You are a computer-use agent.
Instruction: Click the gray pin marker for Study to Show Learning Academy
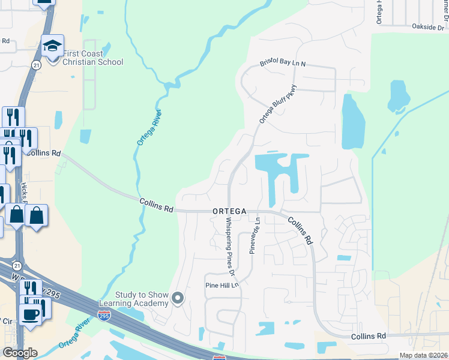(x=178, y=298)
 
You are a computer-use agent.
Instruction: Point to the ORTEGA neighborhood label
(x=229, y=211)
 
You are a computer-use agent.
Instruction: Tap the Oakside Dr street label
(x=428, y=27)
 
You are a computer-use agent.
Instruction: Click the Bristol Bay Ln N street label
(x=283, y=63)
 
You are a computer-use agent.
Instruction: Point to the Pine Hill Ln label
(x=222, y=286)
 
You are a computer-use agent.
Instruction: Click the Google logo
(x=20, y=352)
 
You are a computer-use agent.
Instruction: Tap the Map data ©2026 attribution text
(x=423, y=355)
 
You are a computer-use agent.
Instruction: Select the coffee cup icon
(x=30, y=313)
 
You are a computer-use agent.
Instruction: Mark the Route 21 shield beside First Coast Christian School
(x=37, y=65)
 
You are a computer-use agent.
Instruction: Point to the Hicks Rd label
(x=23, y=193)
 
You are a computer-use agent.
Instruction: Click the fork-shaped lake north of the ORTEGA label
(x=281, y=171)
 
